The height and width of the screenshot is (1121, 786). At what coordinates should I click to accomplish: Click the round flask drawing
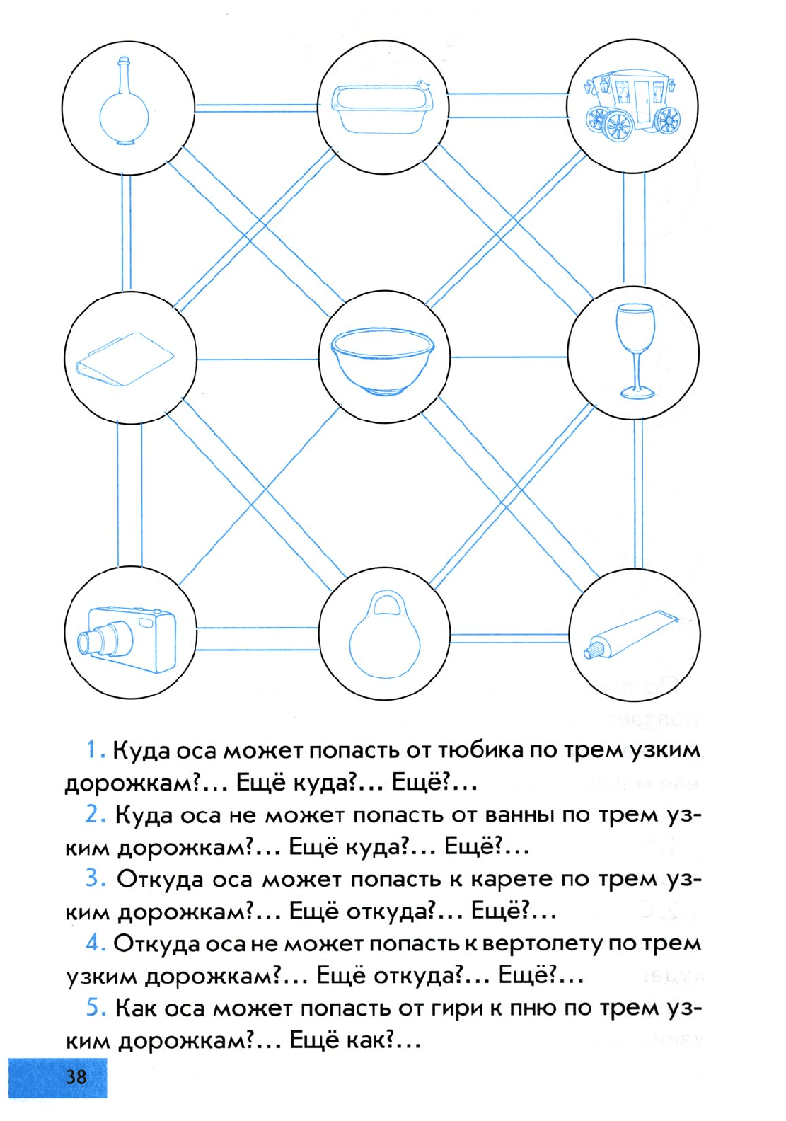[124, 103]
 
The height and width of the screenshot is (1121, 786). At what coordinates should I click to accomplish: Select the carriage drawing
[631, 105]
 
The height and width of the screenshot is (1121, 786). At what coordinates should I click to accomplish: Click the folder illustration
[125, 358]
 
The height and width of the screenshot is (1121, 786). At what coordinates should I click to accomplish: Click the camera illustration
[127, 638]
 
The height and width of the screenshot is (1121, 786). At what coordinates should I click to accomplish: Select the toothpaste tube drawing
[631, 633]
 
